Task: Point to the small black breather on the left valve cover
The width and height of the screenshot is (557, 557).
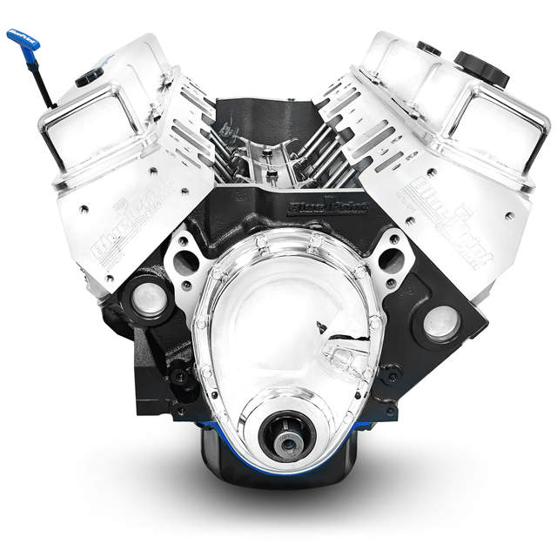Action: point(90,77)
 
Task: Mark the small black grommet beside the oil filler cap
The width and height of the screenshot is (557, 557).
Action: point(428,48)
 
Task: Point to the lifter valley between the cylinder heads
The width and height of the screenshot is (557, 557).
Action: point(278,157)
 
